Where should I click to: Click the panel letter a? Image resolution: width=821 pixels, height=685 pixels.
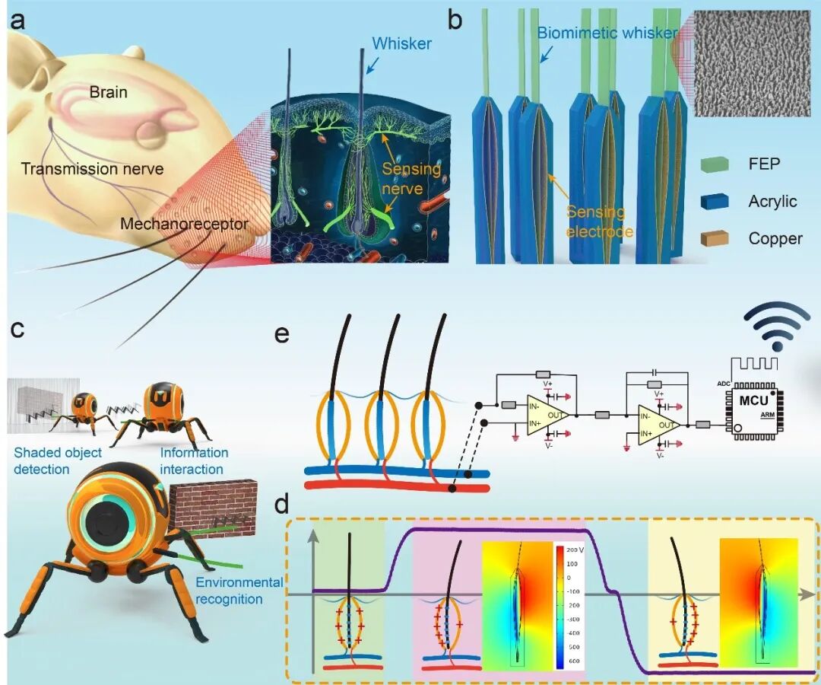coord(17,22)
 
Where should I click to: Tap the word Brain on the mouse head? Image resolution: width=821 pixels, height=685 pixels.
coord(108,92)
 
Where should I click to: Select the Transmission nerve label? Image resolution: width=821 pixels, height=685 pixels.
coord(92,169)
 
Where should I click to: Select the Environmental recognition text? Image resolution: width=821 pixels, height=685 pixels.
coord(239,591)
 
